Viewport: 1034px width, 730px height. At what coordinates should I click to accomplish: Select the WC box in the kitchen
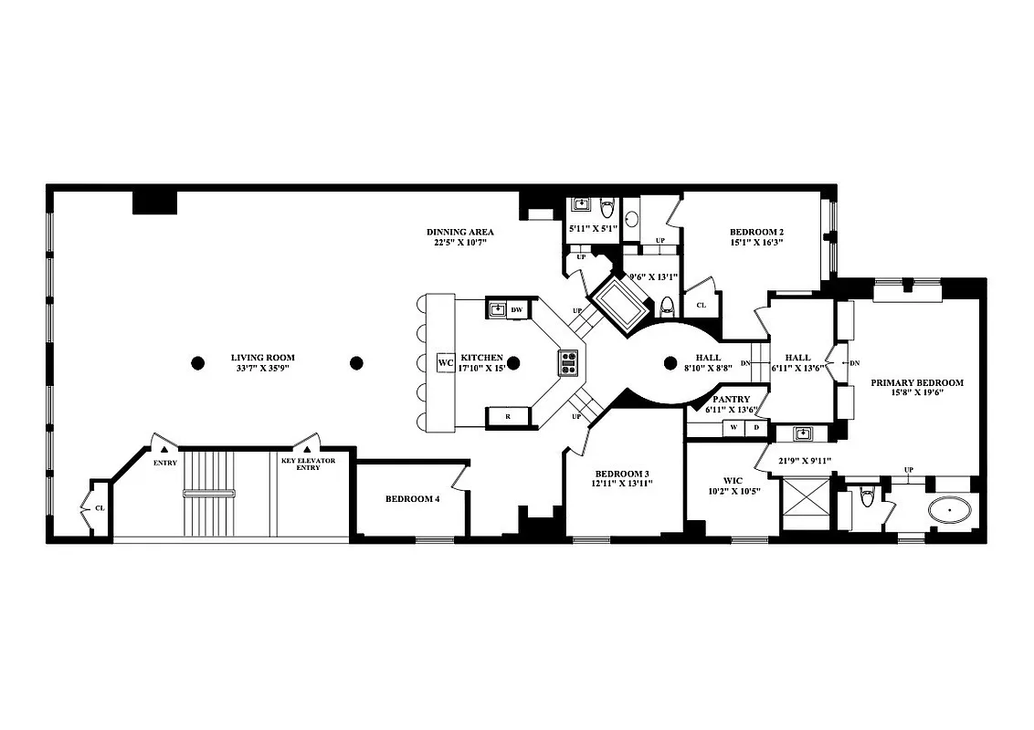(446, 363)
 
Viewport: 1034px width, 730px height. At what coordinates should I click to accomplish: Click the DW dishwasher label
(516, 310)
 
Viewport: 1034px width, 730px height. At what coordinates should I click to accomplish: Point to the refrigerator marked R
(507, 417)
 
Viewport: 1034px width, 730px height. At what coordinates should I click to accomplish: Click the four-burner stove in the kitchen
(568, 363)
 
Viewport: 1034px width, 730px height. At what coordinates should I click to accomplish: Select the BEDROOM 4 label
(412, 499)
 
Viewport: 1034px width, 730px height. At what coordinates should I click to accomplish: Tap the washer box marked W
(734, 427)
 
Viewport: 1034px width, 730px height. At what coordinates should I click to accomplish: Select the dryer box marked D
(755, 427)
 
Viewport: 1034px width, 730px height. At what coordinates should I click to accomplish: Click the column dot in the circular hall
(670, 363)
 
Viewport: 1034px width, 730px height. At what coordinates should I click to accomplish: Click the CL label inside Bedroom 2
(702, 306)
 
